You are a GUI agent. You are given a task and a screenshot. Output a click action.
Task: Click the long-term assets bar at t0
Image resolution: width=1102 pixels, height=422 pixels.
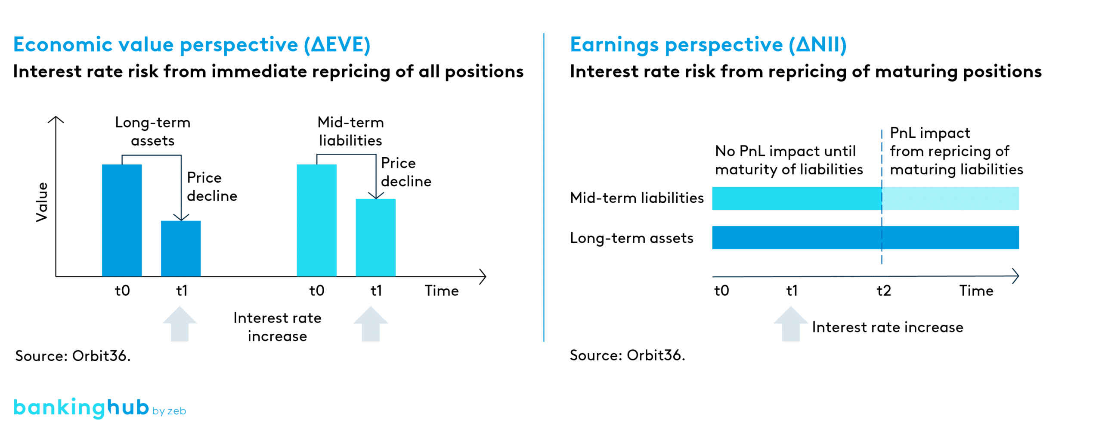[x=122, y=220]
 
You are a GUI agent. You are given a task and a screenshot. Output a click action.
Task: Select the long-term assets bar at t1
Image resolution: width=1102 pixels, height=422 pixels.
[x=181, y=248]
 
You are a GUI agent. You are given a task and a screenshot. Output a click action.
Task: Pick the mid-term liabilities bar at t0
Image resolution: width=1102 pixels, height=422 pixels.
[x=316, y=220]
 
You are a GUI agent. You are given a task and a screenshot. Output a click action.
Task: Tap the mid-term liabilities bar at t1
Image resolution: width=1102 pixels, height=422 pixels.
[x=375, y=237]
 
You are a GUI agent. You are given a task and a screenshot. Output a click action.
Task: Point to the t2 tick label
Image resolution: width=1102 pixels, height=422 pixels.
[x=884, y=291]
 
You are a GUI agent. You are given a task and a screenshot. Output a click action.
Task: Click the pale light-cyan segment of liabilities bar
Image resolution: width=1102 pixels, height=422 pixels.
[x=950, y=199]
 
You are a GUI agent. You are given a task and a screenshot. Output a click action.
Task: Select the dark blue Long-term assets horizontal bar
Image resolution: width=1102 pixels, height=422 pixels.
[x=865, y=238]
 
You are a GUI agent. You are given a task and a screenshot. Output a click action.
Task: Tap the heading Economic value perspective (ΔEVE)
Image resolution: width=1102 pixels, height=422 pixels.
[x=192, y=44]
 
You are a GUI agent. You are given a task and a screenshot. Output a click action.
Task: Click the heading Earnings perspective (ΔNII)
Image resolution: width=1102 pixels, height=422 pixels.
[x=708, y=44]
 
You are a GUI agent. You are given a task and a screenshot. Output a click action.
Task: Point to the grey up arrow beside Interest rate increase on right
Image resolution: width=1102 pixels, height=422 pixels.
[x=790, y=324]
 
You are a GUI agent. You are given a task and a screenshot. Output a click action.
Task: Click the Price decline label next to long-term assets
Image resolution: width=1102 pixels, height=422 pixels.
[x=212, y=186]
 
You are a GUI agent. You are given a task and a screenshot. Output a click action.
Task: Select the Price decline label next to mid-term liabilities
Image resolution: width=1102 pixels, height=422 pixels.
[x=406, y=172]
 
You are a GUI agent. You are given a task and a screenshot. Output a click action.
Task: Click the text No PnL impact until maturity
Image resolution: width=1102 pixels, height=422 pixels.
[x=789, y=160]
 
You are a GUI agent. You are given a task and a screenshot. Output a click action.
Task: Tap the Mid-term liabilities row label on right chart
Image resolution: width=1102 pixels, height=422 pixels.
[x=637, y=198]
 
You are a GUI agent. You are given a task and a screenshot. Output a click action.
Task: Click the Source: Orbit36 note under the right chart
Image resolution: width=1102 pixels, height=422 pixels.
[x=627, y=355]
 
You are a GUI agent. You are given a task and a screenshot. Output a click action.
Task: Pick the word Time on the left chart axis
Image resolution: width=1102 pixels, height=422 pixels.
[x=442, y=291]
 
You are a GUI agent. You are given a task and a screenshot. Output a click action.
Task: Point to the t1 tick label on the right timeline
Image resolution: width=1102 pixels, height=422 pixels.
[x=792, y=291]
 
